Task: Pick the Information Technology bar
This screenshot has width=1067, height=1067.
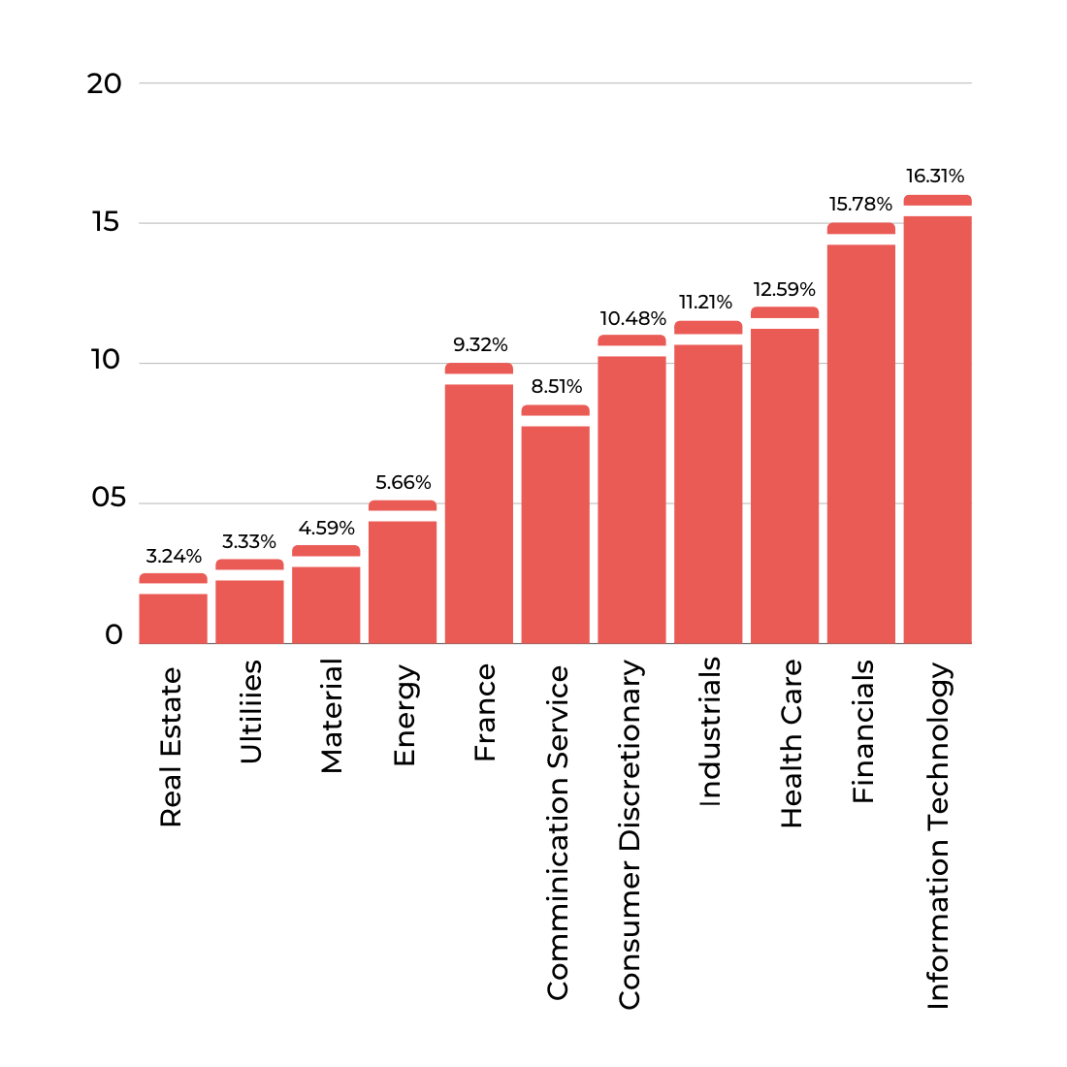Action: point(937,427)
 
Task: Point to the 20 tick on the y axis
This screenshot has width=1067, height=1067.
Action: point(105,84)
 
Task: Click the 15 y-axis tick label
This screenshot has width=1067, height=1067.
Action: point(106,222)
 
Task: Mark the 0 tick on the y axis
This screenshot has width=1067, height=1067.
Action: point(114,636)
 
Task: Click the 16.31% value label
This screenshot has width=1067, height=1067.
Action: point(935,177)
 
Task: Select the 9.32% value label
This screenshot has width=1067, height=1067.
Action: point(480,345)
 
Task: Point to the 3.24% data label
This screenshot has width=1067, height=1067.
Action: point(174,557)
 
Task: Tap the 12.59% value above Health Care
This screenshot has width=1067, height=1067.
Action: point(784,290)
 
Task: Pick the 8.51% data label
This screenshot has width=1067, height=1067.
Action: point(557,387)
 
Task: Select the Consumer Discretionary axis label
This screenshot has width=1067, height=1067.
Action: point(630,834)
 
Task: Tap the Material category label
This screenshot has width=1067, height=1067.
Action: point(332,716)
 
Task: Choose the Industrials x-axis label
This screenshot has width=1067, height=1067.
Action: point(710,731)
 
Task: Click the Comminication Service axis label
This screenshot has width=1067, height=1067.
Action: point(558,832)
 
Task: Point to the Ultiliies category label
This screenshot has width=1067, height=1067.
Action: point(250,711)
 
